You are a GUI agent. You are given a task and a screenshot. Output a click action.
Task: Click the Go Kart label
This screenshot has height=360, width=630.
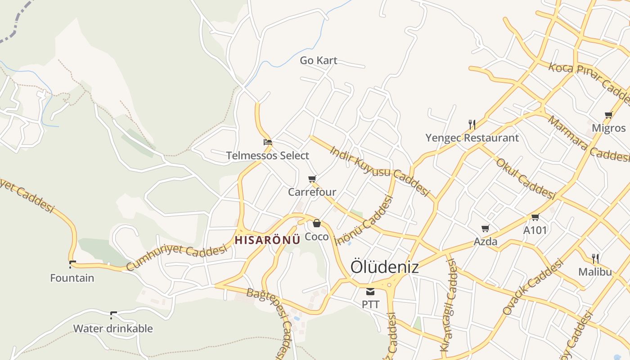pyautogui.click(x=319, y=60)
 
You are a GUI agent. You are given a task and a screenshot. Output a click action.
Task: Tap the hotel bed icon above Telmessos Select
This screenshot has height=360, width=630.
pyautogui.click(x=268, y=142)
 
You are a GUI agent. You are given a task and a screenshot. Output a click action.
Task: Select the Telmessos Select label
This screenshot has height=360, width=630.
pyautogui.click(x=268, y=156)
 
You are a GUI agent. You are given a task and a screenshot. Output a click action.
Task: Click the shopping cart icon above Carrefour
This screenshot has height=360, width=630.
pyautogui.click(x=312, y=179)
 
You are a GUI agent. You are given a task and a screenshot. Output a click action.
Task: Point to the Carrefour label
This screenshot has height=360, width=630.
pyautogui.click(x=312, y=192)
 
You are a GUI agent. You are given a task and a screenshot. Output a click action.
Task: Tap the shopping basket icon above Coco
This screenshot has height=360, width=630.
pyautogui.click(x=317, y=223)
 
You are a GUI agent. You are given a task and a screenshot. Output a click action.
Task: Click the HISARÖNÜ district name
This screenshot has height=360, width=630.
pyautogui.click(x=267, y=239)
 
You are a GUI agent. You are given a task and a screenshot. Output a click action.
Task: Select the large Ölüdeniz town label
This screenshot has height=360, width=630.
pyautogui.click(x=384, y=266)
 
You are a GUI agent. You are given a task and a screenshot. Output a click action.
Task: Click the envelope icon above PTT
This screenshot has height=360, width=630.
pyautogui.click(x=370, y=292)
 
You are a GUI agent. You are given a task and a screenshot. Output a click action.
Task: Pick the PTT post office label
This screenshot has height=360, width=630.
pyautogui.click(x=370, y=305)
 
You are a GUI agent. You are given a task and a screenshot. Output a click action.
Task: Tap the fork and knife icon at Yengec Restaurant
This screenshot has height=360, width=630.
pyautogui.click(x=472, y=124)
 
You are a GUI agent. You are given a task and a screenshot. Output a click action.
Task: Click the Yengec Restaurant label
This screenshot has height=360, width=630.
pyautogui.click(x=472, y=138)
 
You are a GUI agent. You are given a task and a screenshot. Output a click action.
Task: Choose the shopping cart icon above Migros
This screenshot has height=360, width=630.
pyautogui.click(x=609, y=115)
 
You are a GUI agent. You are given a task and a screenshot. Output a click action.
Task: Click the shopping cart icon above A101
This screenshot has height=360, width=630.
pyautogui.click(x=535, y=217)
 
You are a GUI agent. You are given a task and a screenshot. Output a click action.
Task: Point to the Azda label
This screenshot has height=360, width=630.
pyautogui.click(x=486, y=242)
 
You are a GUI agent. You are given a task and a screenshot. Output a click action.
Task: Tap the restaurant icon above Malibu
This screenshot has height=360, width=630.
pyautogui.click(x=595, y=259)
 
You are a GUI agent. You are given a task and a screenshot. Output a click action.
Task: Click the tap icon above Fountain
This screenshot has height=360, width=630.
pyautogui.click(x=72, y=264)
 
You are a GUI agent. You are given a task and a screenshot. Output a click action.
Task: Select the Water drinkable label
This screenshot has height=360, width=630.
pyautogui.click(x=113, y=328)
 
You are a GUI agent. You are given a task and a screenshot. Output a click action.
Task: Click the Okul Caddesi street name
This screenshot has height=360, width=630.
pyautogui.click(x=526, y=178)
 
